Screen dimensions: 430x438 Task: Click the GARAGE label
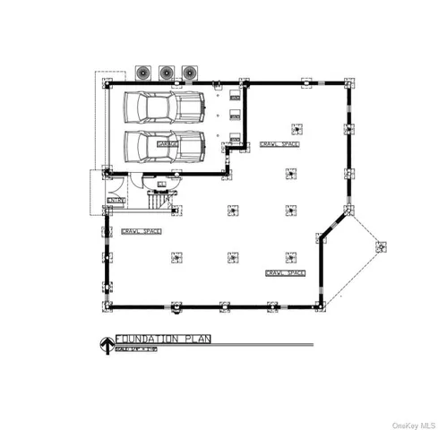(x=167, y=142)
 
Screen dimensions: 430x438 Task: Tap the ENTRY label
(x=114, y=200)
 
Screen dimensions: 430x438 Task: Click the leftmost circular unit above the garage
(x=142, y=72)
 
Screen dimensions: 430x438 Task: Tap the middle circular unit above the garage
(x=166, y=72)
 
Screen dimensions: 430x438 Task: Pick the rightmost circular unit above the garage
(x=189, y=72)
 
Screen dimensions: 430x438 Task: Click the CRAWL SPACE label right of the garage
(x=279, y=143)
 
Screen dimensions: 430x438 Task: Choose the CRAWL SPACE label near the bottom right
(x=287, y=272)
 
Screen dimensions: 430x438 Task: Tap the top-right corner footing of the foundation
(x=348, y=82)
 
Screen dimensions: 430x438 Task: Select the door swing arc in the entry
(x=135, y=179)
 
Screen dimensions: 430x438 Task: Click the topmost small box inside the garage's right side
(x=235, y=90)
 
